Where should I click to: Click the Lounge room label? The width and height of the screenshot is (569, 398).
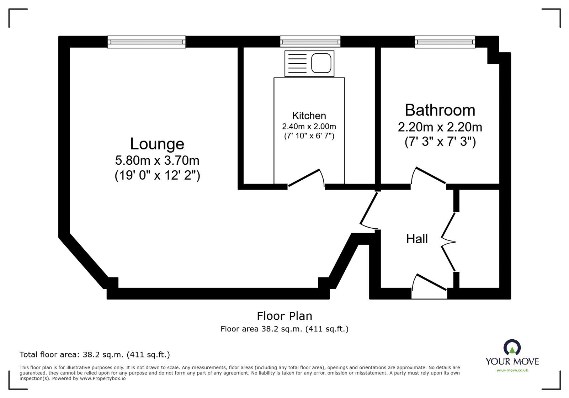coord(157,144)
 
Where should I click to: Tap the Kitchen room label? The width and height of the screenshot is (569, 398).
coord(309,116)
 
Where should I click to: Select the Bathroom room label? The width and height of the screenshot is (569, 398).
coord(440,110)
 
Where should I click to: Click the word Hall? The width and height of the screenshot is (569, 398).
coord(417,239)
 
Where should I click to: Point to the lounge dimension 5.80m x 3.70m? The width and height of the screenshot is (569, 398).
coord(157,161)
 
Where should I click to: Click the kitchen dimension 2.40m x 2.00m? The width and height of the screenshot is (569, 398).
coord(309,126)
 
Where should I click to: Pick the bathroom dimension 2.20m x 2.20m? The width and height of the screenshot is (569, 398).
coord(440,127)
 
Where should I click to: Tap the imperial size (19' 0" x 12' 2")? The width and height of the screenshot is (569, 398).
coord(157,175)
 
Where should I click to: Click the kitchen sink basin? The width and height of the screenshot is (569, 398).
coord(321,63)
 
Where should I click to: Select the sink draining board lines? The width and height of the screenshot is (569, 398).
coord(297,63)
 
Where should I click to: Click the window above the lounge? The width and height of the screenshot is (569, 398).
coord(147,42)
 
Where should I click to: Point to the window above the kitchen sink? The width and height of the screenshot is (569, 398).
coord(310,42)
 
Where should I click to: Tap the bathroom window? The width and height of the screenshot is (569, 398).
coord(445,42)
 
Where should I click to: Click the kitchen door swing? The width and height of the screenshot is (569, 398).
coord(307,178)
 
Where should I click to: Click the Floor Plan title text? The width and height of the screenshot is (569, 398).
coord(284,316)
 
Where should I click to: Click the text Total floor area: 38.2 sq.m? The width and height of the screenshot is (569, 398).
coord(95,355)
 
